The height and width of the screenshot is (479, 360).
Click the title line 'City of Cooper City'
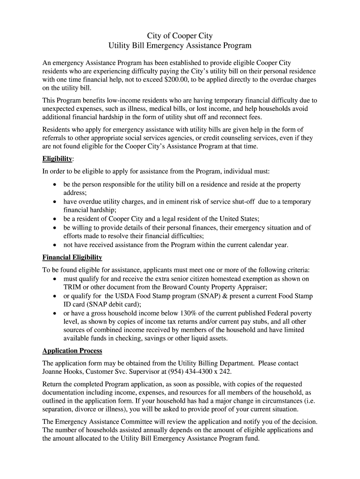pos(180,36)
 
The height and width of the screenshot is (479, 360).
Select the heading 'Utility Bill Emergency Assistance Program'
pos(180,46)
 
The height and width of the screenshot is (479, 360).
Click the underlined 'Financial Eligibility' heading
pos(72,257)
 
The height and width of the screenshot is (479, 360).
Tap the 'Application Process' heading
pos(72,351)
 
